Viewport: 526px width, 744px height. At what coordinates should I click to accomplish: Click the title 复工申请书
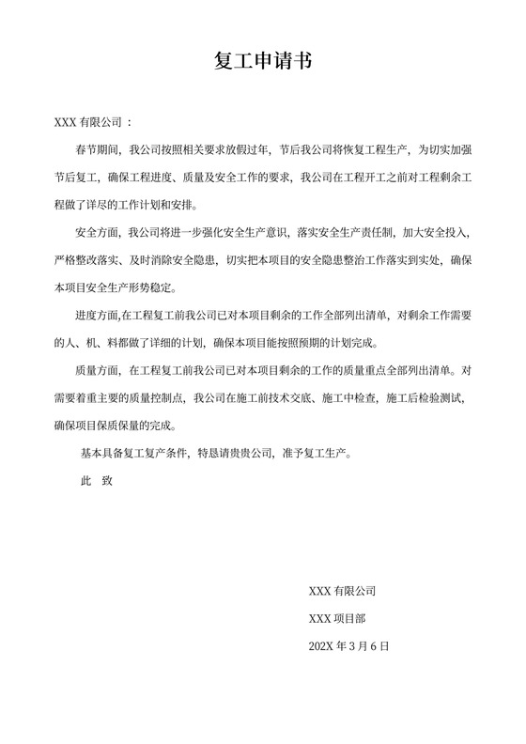click(263, 62)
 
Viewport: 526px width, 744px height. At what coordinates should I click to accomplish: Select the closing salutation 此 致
click(98, 480)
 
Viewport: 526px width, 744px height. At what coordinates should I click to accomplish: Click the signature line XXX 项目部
click(338, 618)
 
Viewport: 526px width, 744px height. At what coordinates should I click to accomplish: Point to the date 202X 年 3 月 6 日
click(348, 646)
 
